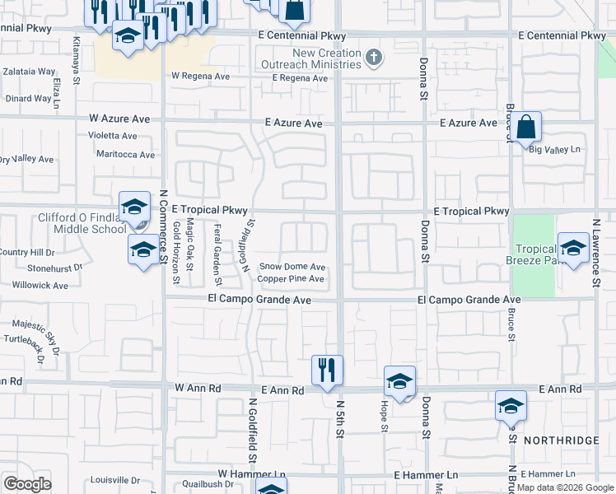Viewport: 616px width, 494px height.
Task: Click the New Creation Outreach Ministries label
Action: point(310,58)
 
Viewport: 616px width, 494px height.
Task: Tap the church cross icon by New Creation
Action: point(375,58)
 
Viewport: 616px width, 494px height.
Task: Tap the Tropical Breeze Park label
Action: point(539,254)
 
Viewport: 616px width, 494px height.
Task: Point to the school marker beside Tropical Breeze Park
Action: point(573,247)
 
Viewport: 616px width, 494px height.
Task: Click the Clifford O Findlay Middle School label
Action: point(82,223)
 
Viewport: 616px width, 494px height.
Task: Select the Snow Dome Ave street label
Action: point(292,267)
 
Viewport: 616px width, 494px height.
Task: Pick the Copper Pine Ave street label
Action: point(291,279)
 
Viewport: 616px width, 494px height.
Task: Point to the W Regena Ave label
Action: point(200,76)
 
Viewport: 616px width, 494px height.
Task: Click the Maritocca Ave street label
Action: point(124,155)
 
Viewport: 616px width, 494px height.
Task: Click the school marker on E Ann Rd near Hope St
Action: point(399,381)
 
